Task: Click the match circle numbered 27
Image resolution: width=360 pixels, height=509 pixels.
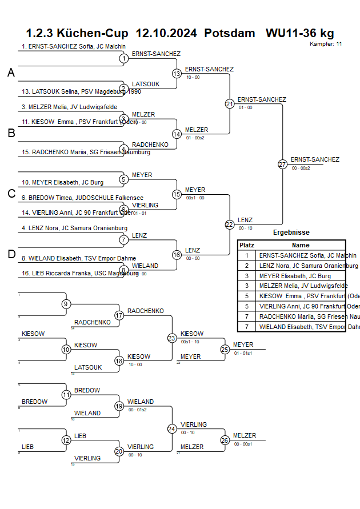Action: pyautogui.click(x=282, y=164)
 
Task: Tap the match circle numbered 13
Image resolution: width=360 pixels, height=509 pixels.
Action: pyautogui.click(x=177, y=74)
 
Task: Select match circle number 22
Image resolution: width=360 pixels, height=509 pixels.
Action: pyautogui.click(x=230, y=225)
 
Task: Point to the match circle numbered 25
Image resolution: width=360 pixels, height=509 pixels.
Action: pyautogui.click(x=225, y=349)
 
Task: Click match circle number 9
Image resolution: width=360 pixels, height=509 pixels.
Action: pyautogui.click(x=66, y=304)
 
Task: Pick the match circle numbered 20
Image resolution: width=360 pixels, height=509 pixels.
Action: pyautogui.click(x=119, y=451)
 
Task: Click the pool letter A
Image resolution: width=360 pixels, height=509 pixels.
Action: pyautogui.click(x=11, y=73)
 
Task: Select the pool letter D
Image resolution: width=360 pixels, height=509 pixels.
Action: pyautogui.click(x=11, y=255)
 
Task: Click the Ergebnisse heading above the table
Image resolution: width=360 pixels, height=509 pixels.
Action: pyautogui.click(x=291, y=233)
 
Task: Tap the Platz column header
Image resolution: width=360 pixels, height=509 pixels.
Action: pyautogui.click(x=246, y=245)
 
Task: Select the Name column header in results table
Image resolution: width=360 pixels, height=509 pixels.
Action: pyautogui.click(x=301, y=245)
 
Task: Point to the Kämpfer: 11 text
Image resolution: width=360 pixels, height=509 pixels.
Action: pyautogui.click(x=326, y=43)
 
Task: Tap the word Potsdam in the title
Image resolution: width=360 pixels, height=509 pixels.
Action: pyautogui.click(x=230, y=33)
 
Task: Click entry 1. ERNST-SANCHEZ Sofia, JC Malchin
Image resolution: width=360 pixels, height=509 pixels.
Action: pyautogui.click(x=74, y=46)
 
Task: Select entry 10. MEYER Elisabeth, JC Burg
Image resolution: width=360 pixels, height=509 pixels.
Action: pyautogui.click(x=63, y=182)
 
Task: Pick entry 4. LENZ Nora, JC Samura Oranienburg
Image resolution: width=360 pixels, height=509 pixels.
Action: pyautogui.click(x=74, y=229)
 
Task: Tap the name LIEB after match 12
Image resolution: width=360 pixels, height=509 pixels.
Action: pyautogui.click(x=80, y=436)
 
